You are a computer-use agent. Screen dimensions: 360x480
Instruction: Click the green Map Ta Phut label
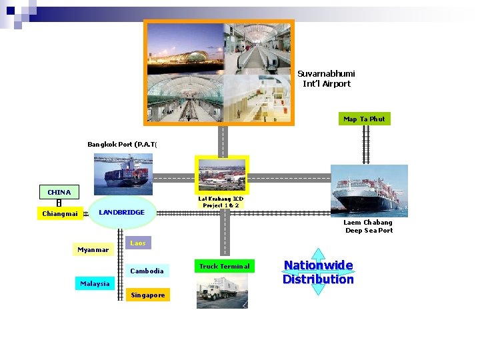[364, 119]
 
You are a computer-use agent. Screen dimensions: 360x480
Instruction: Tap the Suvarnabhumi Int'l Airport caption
[326, 79]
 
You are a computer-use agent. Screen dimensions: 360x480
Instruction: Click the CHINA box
[59, 192]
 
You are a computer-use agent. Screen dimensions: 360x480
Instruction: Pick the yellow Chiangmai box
[59, 214]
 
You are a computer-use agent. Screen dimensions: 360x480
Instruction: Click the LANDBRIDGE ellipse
[121, 212]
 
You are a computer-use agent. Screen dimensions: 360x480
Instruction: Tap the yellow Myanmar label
[93, 250]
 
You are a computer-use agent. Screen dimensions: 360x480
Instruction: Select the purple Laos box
[138, 243]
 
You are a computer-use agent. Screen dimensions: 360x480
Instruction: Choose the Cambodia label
[147, 271]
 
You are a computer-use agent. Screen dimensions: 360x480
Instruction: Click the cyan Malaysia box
[95, 283]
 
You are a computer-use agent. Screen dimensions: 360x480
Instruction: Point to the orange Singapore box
[147, 295]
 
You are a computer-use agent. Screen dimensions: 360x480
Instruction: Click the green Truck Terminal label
[224, 266]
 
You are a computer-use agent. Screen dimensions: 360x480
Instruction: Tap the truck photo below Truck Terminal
[222, 292]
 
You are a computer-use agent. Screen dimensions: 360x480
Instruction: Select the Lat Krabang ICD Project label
[221, 202]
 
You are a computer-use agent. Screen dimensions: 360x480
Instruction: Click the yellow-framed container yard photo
[221, 175]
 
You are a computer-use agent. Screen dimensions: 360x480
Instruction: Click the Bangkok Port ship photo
[123, 170]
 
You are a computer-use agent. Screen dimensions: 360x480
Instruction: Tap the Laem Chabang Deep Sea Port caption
[369, 227]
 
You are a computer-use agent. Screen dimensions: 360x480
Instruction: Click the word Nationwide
[318, 265]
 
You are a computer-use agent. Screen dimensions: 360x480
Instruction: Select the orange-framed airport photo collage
[219, 73]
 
